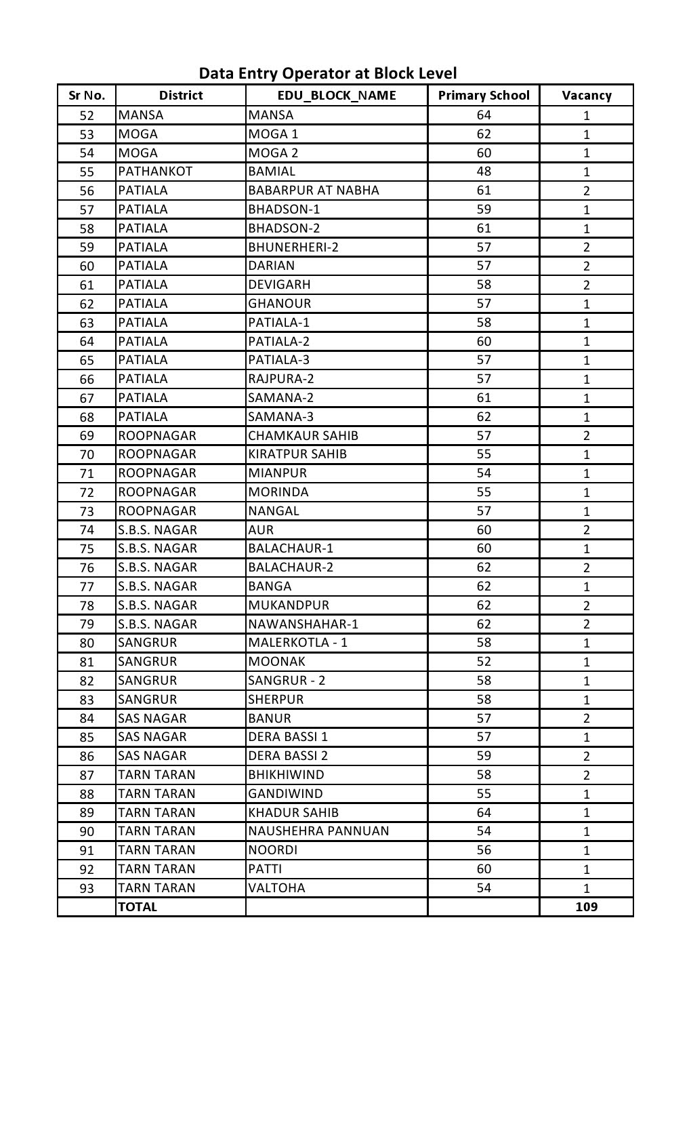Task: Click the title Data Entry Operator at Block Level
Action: pos(328,73)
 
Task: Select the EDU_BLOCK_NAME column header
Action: pos(337,96)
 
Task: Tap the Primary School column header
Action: pos(484,96)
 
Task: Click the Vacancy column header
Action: pos(586,96)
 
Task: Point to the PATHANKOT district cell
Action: pos(155,172)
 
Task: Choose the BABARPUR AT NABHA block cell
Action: pos(314,191)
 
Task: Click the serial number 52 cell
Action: pos(87,115)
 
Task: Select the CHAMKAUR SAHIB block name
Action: pos(303,435)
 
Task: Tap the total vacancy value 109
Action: pos(586,906)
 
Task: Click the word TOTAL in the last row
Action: pos(138,907)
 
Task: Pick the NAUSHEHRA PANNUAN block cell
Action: pos(318,831)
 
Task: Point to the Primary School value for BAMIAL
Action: pos(484,172)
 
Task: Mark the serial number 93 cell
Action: pos(87,888)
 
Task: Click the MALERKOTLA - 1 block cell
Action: pos(297,643)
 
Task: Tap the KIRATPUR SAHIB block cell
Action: pos(297,454)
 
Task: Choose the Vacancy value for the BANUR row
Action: pos(586,718)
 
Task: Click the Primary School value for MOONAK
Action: pos(484,662)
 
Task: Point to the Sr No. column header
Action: pos(87,96)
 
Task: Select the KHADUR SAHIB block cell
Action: pos(293,812)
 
